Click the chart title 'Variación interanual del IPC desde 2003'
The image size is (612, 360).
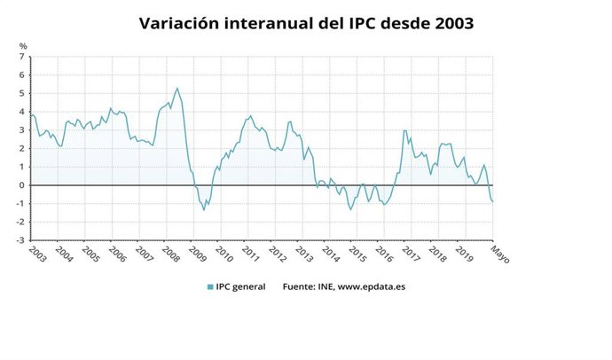306,23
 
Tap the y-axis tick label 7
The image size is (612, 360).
22,57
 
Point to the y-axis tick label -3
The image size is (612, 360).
20,240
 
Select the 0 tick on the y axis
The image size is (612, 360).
22,185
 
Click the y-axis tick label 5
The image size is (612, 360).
22,93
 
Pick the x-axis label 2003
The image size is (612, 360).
38,254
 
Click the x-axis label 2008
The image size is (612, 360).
169,254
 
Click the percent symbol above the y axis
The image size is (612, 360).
23,45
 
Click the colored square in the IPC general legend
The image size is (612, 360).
210,286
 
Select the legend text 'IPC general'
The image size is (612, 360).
242,286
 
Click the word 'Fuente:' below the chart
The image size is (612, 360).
299,286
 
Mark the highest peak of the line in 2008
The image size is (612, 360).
177,88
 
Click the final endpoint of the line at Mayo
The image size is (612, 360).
493,201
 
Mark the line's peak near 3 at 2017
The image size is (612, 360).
404,131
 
